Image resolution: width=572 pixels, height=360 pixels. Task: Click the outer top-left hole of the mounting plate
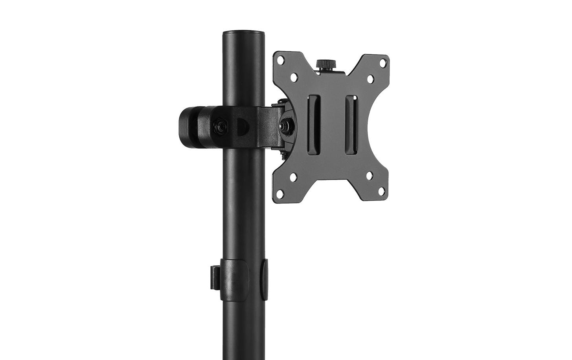point(281,61)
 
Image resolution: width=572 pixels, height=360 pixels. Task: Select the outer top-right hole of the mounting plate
point(382,61)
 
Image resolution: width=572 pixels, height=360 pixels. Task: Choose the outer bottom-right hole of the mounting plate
point(381,191)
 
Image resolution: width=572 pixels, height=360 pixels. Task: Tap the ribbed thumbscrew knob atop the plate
point(326,64)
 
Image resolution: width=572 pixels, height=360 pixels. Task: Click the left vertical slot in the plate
point(313,125)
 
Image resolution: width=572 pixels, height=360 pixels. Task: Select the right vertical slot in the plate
point(350,125)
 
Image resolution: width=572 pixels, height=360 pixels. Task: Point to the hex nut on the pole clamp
point(217,127)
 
